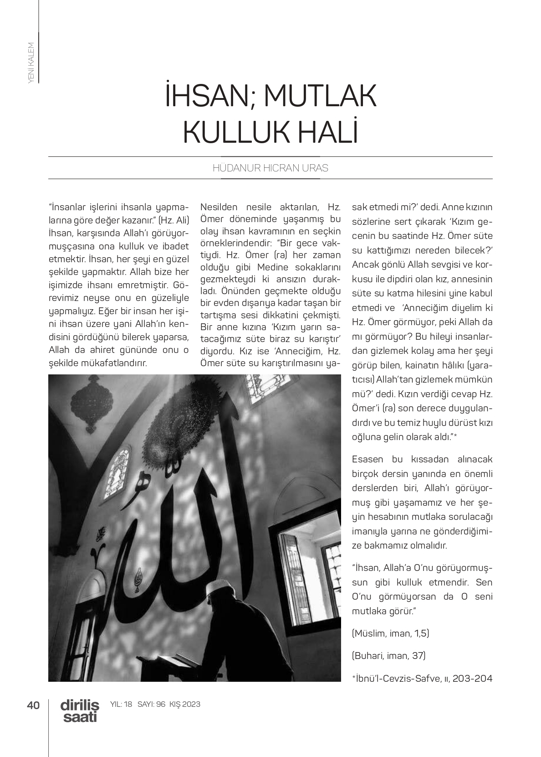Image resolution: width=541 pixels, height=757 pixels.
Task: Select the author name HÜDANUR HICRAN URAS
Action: click(270, 168)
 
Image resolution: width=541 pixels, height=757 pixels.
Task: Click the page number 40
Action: click(33, 705)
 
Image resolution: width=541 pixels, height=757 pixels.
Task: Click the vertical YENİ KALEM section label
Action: click(31, 62)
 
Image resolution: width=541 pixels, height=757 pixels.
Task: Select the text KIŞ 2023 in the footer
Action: click(184, 705)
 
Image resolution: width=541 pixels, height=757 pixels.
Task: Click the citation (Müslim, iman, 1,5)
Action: click(390, 633)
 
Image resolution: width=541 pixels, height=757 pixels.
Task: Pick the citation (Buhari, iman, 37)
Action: click(388, 656)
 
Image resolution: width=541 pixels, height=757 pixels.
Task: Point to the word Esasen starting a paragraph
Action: click(367, 459)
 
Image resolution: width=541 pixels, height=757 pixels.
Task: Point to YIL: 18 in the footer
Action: click(121, 705)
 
